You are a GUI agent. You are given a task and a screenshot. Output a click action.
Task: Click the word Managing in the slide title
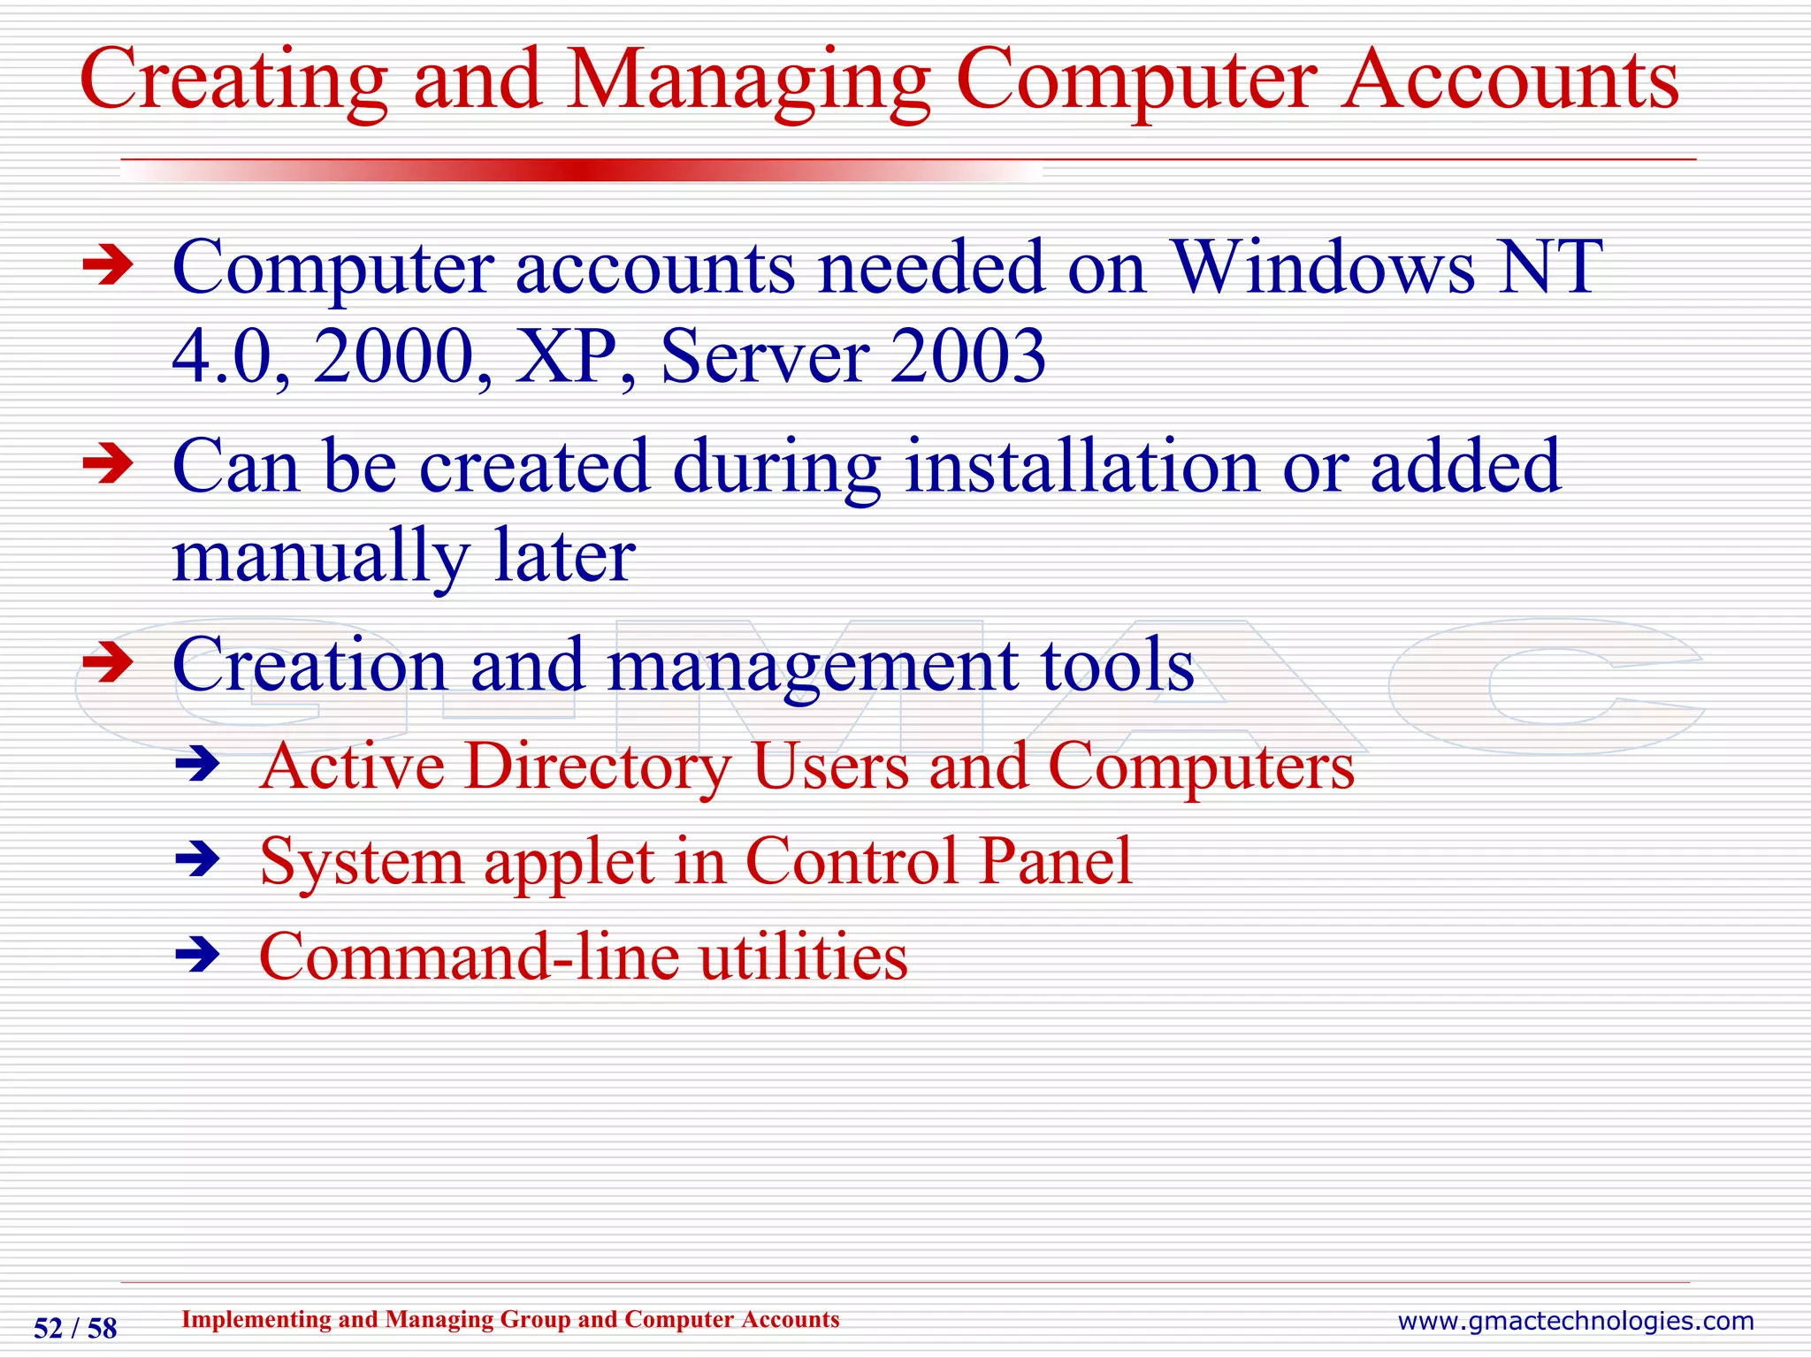pos(748,81)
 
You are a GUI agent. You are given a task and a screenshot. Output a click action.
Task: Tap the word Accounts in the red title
pos(1509,81)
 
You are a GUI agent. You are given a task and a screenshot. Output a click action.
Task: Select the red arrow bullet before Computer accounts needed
pos(107,266)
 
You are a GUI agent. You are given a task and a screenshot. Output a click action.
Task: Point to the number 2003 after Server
pos(967,357)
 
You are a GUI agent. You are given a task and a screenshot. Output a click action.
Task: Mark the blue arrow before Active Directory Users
pos(196,765)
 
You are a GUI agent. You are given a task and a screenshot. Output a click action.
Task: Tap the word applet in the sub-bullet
pos(568,862)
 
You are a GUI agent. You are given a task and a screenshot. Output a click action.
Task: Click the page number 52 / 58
pos(75,1329)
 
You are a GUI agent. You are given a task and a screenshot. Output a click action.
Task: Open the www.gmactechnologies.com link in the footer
pos(1575,1322)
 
